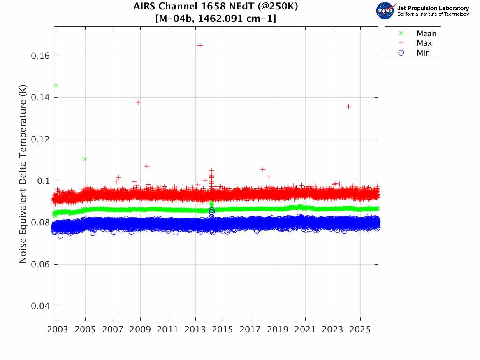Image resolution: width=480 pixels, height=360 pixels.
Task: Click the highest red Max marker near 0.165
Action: point(200,45)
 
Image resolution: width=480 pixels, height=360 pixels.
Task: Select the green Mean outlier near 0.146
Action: point(56,85)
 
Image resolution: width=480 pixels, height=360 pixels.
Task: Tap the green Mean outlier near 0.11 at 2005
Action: point(85,159)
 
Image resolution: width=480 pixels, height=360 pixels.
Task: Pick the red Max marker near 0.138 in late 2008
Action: point(138,102)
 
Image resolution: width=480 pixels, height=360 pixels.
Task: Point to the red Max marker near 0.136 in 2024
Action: point(348,106)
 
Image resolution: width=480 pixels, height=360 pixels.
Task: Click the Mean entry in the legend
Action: point(426,34)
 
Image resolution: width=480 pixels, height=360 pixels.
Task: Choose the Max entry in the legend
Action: point(424,43)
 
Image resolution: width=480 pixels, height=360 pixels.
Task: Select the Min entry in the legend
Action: point(423,53)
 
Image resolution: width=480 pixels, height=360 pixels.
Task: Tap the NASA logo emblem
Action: point(385,11)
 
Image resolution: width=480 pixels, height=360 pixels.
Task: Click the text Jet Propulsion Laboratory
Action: point(433,8)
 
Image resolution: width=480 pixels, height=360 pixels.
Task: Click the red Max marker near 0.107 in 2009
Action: point(147,166)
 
